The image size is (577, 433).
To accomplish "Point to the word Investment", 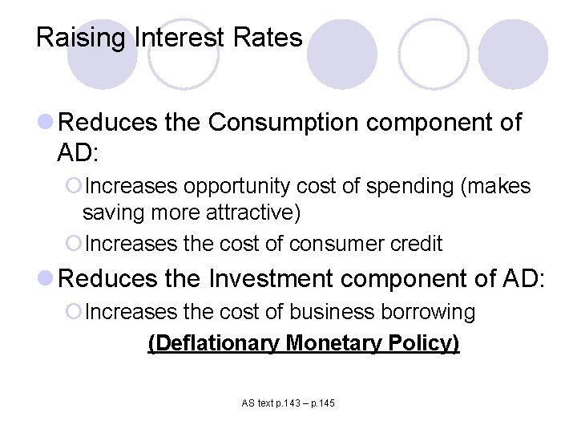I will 270,278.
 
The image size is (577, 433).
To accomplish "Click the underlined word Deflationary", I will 214,343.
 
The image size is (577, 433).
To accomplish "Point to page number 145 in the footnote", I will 325,403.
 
